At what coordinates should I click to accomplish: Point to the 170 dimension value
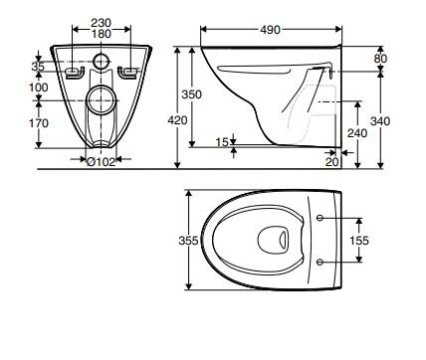click(x=39, y=124)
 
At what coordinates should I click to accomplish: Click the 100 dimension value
click(x=39, y=88)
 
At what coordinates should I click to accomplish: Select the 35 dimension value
click(x=39, y=68)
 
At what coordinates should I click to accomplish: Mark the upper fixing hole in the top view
click(x=319, y=217)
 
